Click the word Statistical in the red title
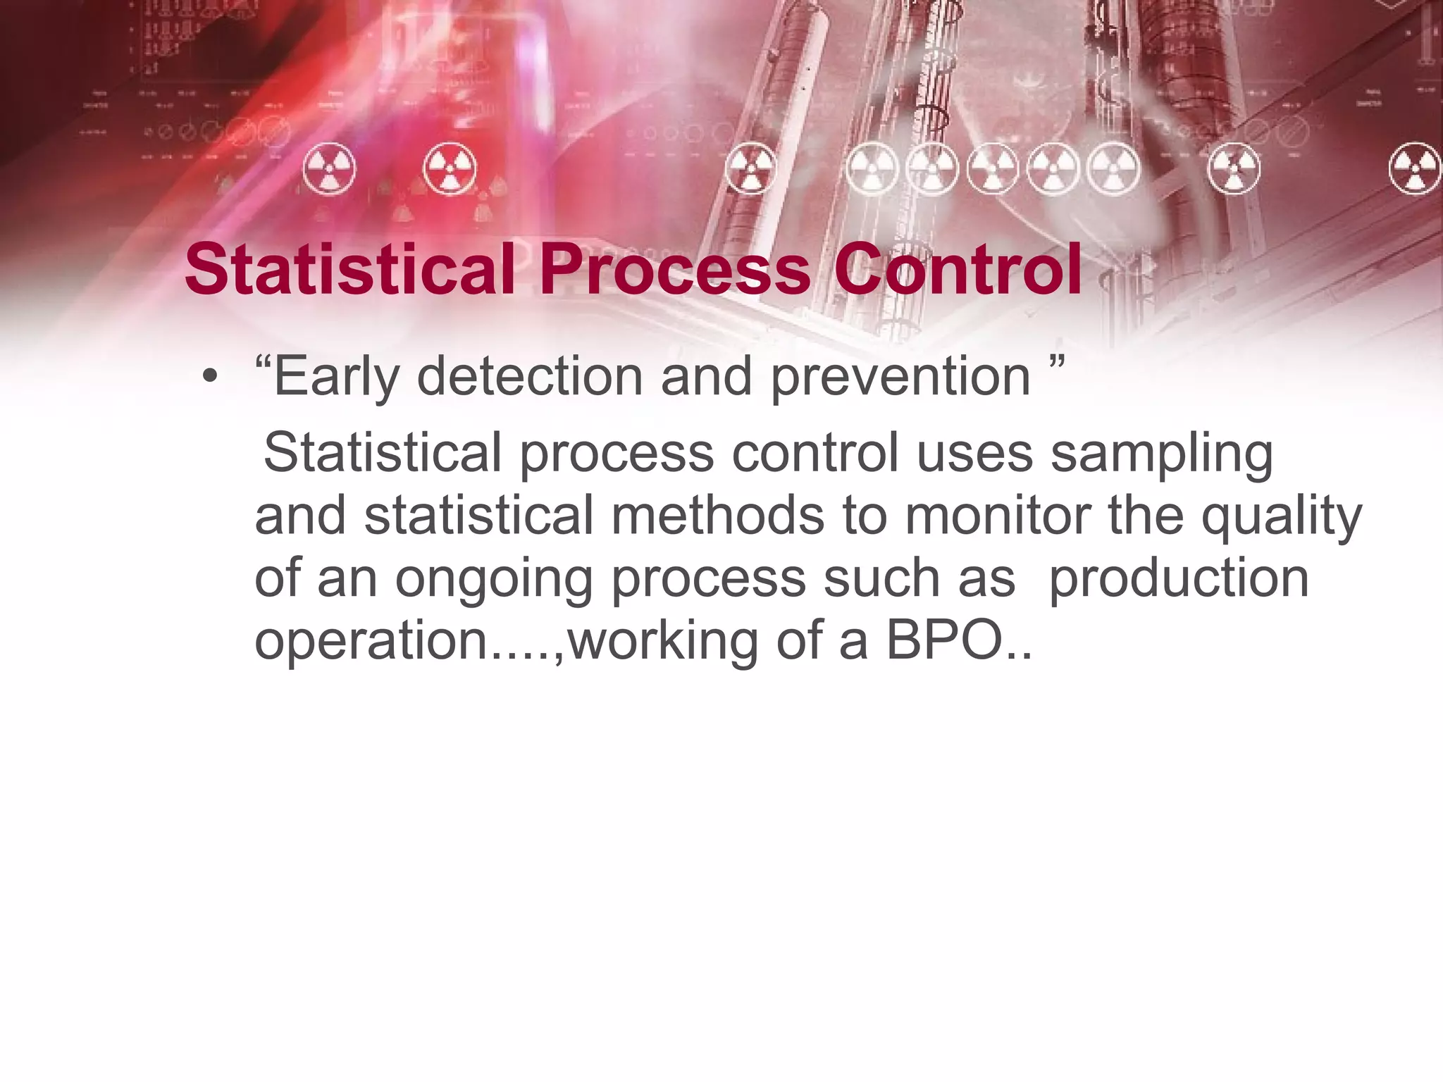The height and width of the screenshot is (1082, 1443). click(349, 270)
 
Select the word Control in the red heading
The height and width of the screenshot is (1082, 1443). click(958, 270)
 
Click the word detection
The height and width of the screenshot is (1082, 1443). click(529, 377)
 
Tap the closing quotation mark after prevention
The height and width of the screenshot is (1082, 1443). click(1055, 365)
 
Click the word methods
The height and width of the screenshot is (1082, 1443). click(717, 516)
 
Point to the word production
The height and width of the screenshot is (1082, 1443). click(1179, 579)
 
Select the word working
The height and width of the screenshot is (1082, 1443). click(663, 642)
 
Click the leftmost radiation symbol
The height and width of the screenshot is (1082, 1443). click(329, 170)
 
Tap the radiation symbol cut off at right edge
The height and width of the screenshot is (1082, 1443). click(1416, 168)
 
